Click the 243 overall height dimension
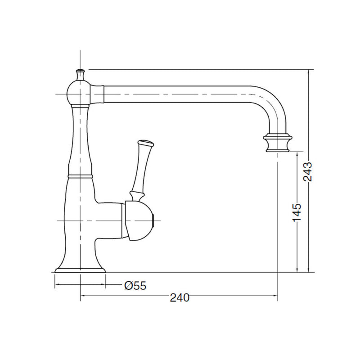[308, 171]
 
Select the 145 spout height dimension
[297, 212]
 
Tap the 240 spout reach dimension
[180, 297]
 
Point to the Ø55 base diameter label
[135, 285]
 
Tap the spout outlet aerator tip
[278, 144]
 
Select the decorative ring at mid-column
[80, 174]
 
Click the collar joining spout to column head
[98, 94]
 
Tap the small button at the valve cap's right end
[154, 220]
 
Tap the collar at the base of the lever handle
[135, 195]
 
